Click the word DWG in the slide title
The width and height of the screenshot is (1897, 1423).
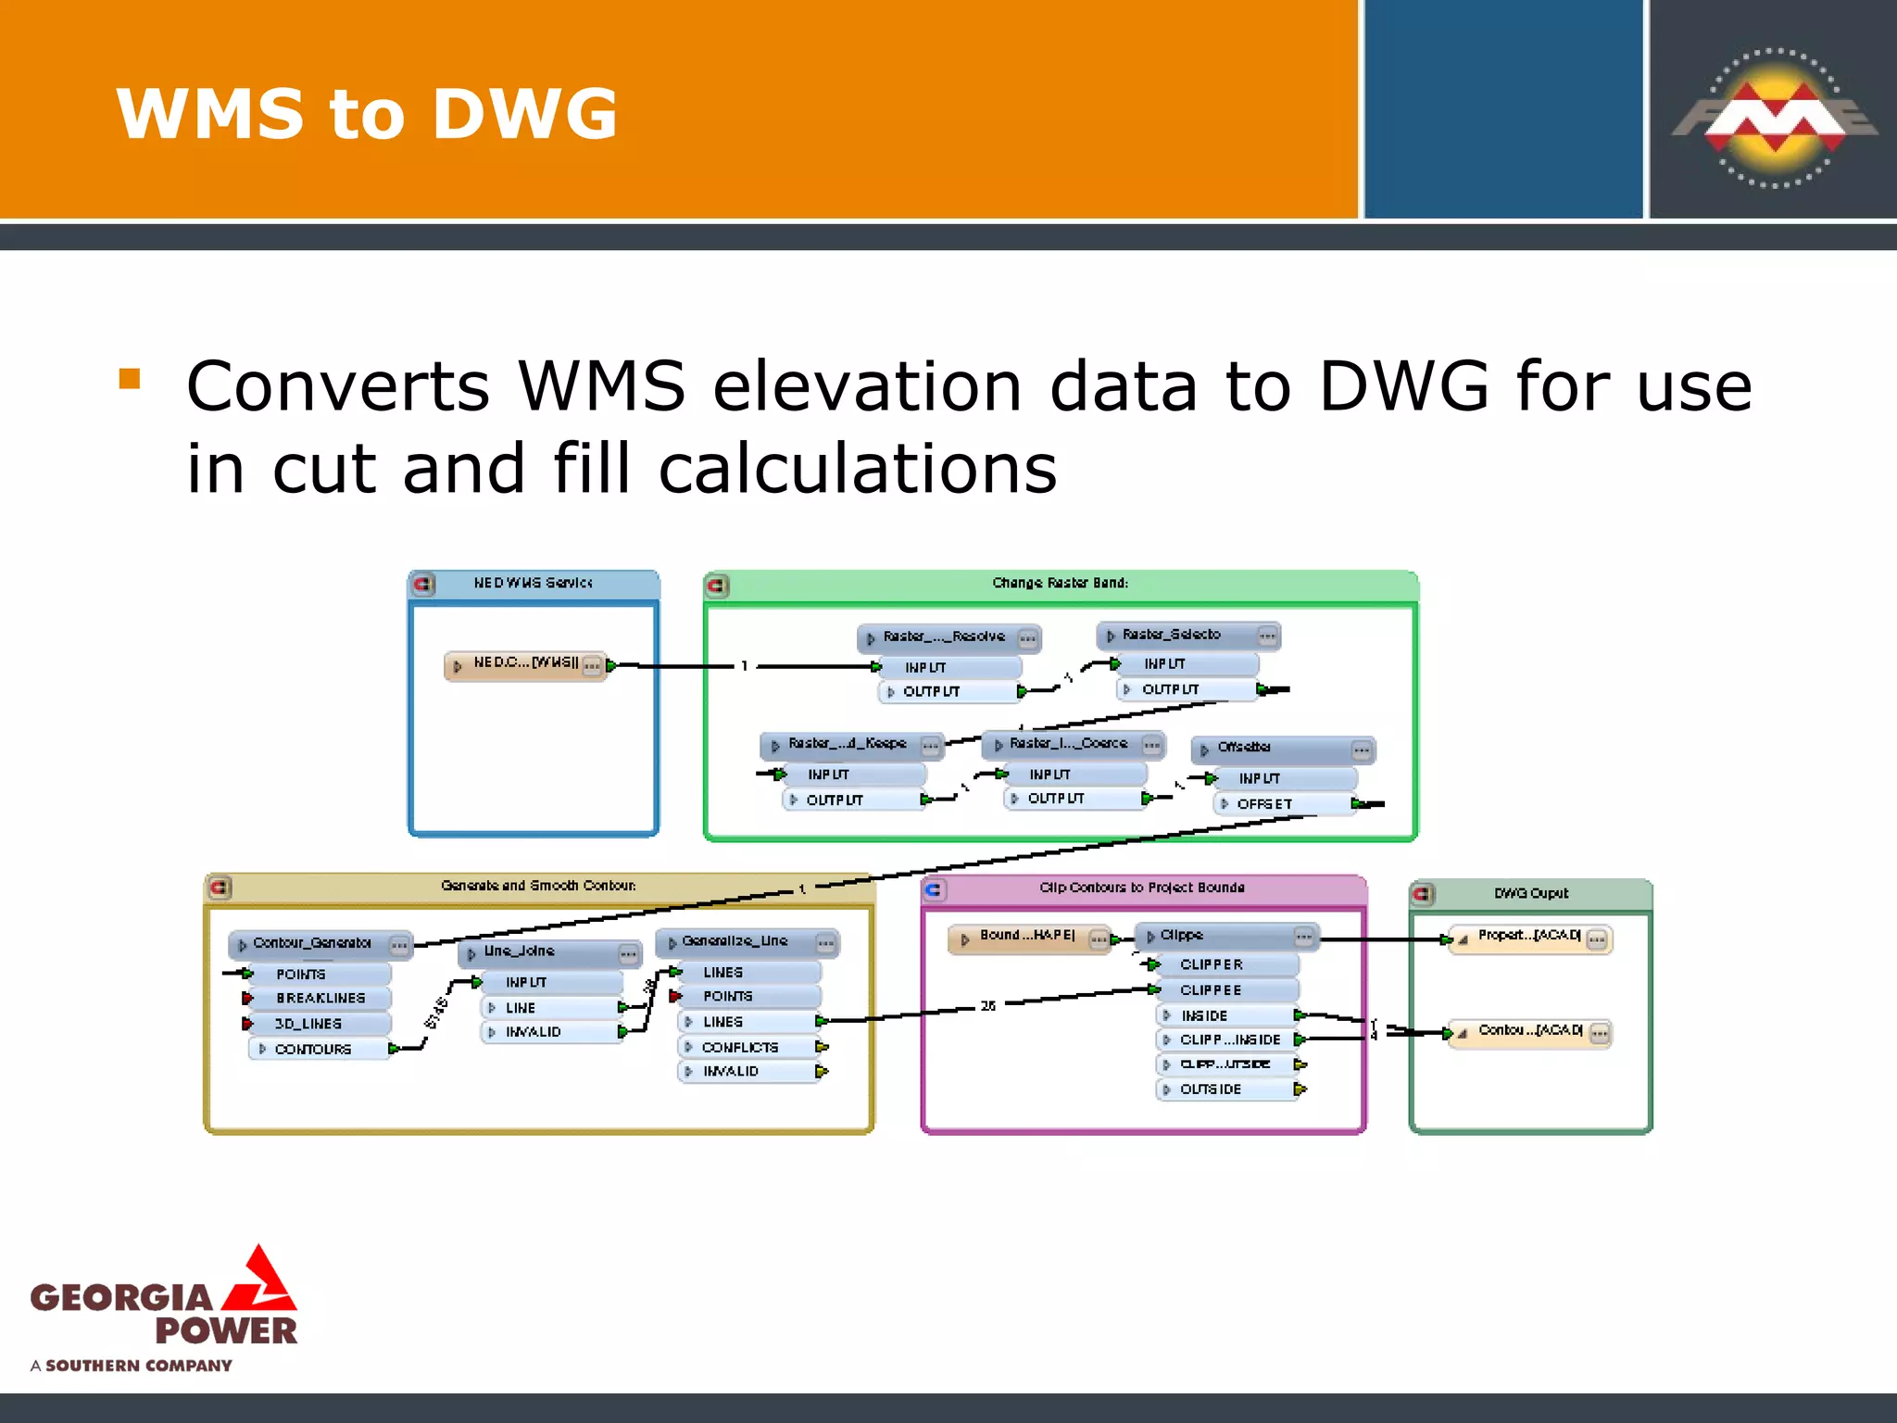(x=524, y=114)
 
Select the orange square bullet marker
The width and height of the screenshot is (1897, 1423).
(x=130, y=378)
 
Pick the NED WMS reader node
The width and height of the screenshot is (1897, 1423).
(x=525, y=664)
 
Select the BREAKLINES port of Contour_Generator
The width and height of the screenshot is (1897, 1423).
(x=320, y=998)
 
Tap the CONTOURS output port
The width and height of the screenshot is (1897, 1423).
(x=313, y=1049)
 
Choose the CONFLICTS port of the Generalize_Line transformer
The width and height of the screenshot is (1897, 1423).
(x=740, y=1047)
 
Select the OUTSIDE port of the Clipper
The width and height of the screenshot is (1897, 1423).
(x=1211, y=1089)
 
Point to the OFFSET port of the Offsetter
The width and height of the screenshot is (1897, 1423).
(x=1264, y=804)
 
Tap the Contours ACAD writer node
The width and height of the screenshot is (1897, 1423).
(x=1530, y=1031)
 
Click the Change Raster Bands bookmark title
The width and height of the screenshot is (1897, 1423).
(x=1061, y=583)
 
